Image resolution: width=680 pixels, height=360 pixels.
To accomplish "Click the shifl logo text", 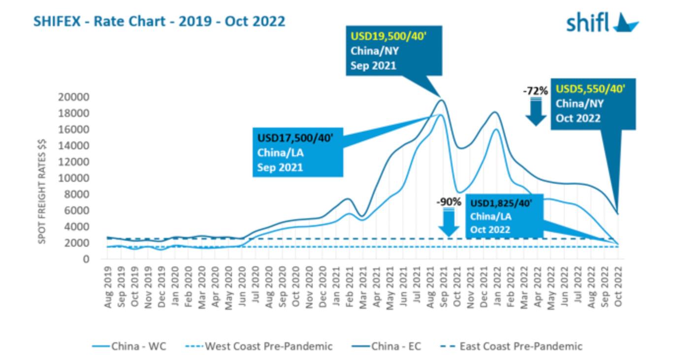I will pos(588,22).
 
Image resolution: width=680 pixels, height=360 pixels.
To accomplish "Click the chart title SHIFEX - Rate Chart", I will pos(159,22).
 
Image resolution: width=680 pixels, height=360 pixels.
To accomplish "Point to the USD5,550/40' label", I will pos(590,90).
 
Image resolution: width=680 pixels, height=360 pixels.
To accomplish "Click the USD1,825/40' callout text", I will pos(500,202).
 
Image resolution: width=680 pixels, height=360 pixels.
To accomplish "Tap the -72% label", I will pos(535,91).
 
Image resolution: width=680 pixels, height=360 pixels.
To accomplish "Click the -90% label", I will pos(449,201).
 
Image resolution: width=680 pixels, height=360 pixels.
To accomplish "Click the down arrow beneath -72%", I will pos(536,112).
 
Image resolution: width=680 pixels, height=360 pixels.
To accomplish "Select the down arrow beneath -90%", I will pos(449,223).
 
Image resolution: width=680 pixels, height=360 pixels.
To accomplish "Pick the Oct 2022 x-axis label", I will pos(618,288).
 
